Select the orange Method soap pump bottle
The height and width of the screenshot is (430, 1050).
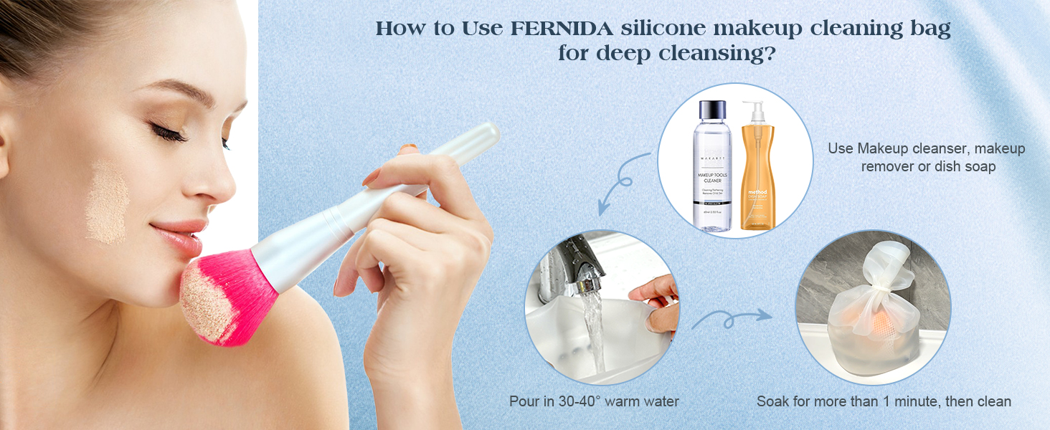coord(759,179)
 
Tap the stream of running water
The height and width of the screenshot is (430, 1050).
coord(595,330)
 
